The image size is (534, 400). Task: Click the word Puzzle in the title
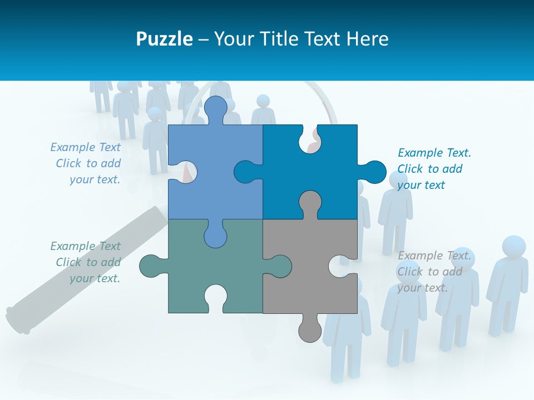(x=164, y=39)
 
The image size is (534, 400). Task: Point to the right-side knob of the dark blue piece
(x=374, y=172)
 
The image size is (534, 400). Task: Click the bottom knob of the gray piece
(x=310, y=331)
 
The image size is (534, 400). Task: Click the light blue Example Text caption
(x=86, y=163)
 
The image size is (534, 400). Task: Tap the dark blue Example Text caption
(x=434, y=169)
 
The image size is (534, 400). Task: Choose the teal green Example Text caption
(x=86, y=262)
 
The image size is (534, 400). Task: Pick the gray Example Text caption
(x=434, y=272)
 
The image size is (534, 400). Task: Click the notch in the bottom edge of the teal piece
(x=215, y=297)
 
